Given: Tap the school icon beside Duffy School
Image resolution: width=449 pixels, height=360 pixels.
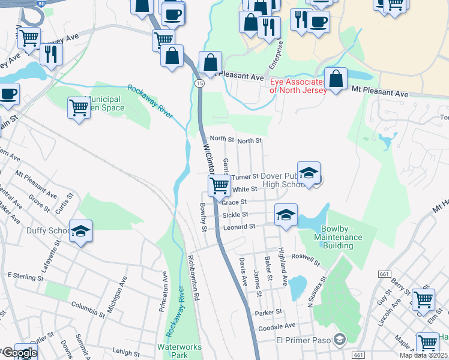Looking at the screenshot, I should click(x=80, y=231).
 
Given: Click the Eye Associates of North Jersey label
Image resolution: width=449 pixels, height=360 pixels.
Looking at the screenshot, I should click(x=298, y=86).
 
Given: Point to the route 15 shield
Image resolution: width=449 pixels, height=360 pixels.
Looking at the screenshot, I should click(x=200, y=83).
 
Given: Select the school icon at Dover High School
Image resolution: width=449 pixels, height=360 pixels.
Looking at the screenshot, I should click(x=309, y=173).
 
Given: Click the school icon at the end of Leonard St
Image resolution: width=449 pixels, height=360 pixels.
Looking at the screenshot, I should click(x=286, y=214).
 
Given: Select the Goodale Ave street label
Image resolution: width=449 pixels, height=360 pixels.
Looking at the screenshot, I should click(x=277, y=326).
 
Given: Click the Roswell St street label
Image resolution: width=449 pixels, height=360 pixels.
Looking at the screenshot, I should click(x=305, y=260).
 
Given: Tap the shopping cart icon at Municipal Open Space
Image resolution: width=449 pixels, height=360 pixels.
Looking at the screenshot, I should click(x=79, y=108).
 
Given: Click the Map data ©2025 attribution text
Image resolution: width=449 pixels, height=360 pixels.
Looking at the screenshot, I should click(x=423, y=355).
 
